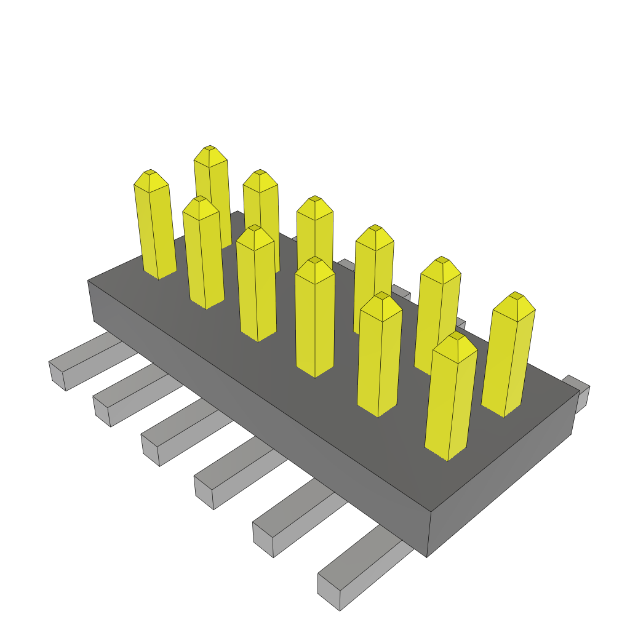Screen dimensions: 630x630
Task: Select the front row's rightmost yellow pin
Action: coord(450,400)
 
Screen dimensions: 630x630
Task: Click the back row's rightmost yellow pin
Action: coord(508,357)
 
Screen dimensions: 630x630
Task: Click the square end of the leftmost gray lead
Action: coord(57,376)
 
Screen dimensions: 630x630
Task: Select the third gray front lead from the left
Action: coord(150,452)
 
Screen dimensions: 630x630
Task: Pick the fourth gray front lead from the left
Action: coord(204,493)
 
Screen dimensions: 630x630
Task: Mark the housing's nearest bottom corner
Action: coord(427,556)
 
